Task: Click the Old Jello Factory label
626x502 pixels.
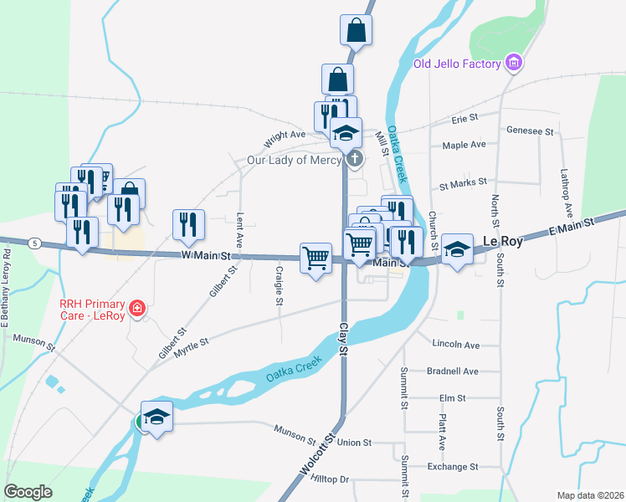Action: [457, 64]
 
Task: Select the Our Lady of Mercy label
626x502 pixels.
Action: [294, 160]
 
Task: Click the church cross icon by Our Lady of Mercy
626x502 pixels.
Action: [355, 159]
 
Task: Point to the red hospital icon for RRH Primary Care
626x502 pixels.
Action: [138, 309]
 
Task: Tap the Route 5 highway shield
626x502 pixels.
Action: [33, 243]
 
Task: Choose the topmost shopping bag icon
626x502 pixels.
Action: [356, 30]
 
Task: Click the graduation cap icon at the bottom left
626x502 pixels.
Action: [156, 416]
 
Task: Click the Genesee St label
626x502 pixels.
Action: [531, 131]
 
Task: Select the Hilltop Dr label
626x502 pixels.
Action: [329, 479]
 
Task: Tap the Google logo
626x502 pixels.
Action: [28, 492]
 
